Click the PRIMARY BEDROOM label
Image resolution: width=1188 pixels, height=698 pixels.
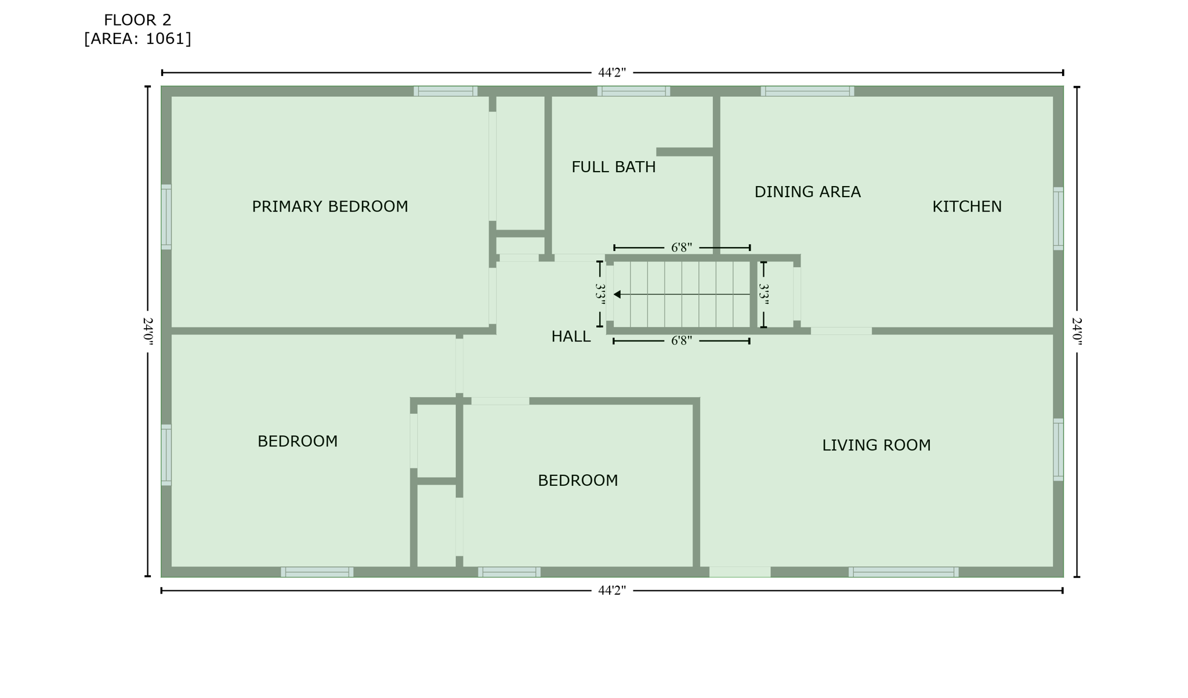pyautogui.click(x=329, y=206)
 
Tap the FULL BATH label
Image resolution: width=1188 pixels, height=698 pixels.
pyautogui.click(x=613, y=167)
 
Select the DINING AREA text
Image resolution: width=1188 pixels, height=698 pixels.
pyautogui.click(x=807, y=192)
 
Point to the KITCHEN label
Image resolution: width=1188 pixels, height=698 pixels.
pyautogui.click(x=966, y=206)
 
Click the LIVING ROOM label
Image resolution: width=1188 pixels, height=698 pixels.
pyautogui.click(x=876, y=445)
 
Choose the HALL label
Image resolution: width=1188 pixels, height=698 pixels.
pyautogui.click(x=571, y=336)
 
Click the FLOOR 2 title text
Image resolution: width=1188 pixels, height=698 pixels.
pyautogui.click(x=137, y=20)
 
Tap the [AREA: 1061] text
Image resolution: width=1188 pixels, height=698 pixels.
pyautogui.click(x=137, y=39)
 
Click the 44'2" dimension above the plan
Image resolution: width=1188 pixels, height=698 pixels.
pyautogui.click(x=612, y=73)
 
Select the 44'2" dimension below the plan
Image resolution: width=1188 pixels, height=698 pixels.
pyautogui.click(x=612, y=591)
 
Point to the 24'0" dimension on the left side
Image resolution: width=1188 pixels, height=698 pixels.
pyautogui.click(x=148, y=332)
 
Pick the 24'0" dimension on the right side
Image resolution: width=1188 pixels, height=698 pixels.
pyautogui.click(x=1077, y=332)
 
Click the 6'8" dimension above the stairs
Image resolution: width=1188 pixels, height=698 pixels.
pyautogui.click(x=682, y=248)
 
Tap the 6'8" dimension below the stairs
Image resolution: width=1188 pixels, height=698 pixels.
pyautogui.click(x=682, y=341)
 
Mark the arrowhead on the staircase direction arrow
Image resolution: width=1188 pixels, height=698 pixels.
pyautogui.click(x=617, y=295)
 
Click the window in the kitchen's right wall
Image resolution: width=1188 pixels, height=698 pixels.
pyautogui.click(x=1058, y=219)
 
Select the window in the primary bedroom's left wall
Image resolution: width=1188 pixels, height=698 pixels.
pyautogui.click(x=166, y=217)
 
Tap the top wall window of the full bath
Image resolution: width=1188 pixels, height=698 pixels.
pyautogui.click(x=633, y=91)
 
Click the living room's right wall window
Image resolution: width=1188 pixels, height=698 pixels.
pyautogui.click(x=1058, y=449)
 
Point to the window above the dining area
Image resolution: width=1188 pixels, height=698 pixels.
pyautogui.click(x=807, y=91)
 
